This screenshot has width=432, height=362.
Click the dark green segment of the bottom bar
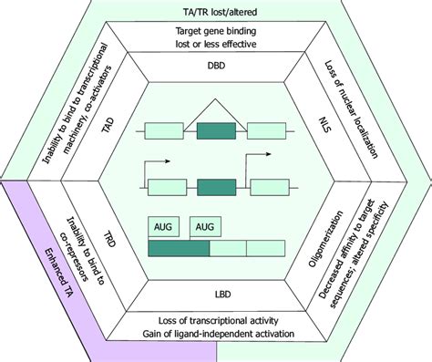pyautogui.click(x=179, y=247)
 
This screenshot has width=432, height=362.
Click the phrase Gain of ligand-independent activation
pyautogui.click(x=217, y=334)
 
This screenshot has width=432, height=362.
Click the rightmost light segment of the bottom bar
pyautogui.click(x=266, y=247)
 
